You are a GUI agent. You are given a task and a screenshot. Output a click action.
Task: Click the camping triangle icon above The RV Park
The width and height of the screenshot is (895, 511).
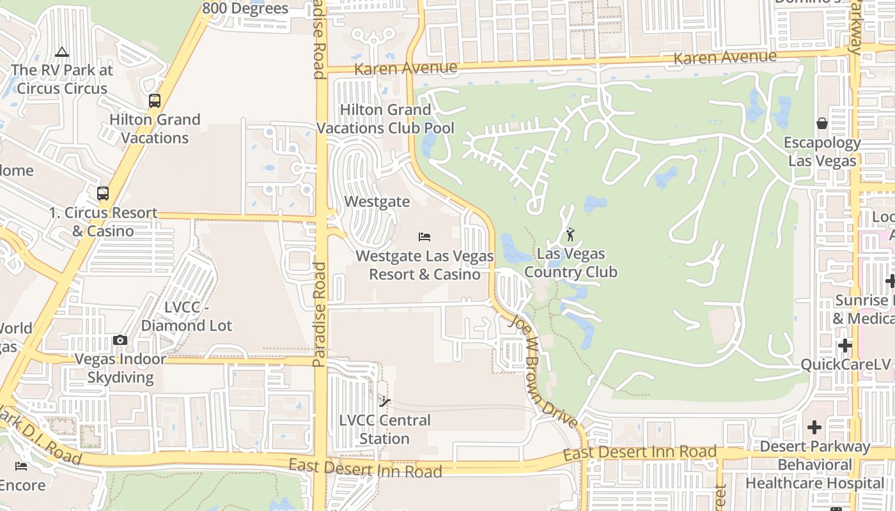coord(62,52)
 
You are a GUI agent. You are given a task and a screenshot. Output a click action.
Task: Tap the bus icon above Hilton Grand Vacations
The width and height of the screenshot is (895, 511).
coord(154,100)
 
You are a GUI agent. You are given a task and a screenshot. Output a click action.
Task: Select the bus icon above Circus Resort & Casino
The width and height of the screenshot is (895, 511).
coord(102,193)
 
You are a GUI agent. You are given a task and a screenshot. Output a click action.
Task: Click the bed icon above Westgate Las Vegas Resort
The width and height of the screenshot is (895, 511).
coord(424,237)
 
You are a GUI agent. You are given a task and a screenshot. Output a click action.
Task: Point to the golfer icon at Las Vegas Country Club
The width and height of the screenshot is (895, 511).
coord(570,234)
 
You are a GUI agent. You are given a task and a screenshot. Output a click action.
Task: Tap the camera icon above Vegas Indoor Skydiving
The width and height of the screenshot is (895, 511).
coord(120,340)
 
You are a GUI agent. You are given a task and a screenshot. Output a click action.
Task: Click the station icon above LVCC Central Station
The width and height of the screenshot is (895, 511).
coord(384,401)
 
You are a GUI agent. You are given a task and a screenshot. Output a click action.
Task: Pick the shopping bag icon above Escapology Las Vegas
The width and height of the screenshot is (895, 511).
coord(822,123)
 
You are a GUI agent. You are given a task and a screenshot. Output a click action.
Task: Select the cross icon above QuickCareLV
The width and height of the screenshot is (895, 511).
coord(845,346)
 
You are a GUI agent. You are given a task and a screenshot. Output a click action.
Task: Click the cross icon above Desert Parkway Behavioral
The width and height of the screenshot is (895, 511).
coord(814,427)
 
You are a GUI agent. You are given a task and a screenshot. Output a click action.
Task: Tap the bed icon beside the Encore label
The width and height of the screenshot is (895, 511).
coord(21,466)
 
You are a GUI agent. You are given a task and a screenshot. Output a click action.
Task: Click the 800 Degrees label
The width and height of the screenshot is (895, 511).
coord(245,8)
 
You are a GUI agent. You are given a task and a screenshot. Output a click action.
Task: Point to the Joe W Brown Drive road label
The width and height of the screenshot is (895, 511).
coord(543,370)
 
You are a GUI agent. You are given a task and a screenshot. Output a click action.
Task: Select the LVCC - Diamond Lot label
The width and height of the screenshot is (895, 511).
coord(187,316)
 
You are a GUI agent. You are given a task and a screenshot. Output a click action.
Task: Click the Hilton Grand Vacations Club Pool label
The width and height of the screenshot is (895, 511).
coord(385,119)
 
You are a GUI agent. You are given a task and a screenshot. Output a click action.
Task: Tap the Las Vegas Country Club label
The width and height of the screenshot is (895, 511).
coord(570,263)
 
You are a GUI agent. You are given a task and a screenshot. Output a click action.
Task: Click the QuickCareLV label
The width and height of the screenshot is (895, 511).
coord(846,364)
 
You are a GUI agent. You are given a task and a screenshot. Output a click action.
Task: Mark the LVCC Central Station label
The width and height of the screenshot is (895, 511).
coord(385,429)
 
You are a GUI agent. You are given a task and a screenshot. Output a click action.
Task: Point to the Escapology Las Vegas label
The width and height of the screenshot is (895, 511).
coord(822,151)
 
